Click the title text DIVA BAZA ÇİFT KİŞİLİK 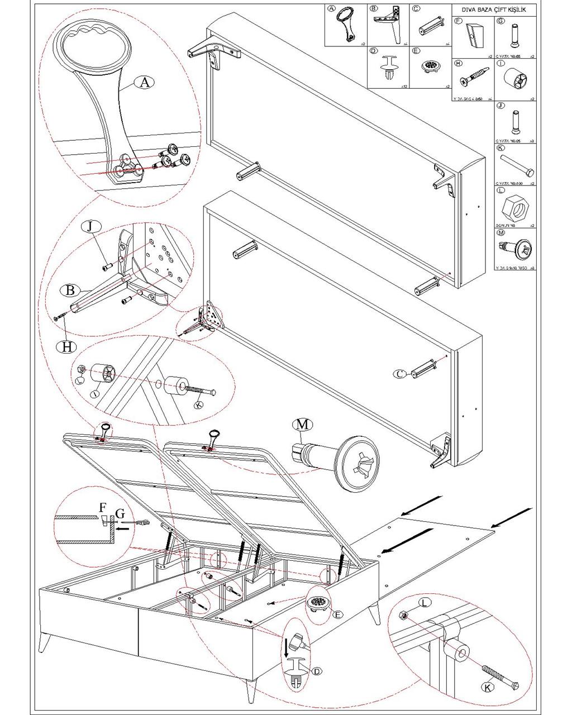click(x=493, y=10)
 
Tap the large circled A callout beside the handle click(x=145, y=83)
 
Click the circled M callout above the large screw click(x=302, y=425)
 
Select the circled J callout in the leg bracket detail click(x=91, y=227)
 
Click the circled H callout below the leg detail click(x=67, y=346)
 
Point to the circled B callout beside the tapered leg click(x=70, y=290)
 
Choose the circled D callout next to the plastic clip click(x=317, y=671)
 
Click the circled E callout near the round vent click(x=337, y=614)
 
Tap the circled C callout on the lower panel click(x=401, y=374)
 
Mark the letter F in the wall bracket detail click(x=102, y=508)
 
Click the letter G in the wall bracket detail click(x=119, y=512)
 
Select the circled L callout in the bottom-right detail click(x=426, y=603)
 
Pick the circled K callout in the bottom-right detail click(x=488, y=688)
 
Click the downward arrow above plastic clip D click(x=287, y=647)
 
